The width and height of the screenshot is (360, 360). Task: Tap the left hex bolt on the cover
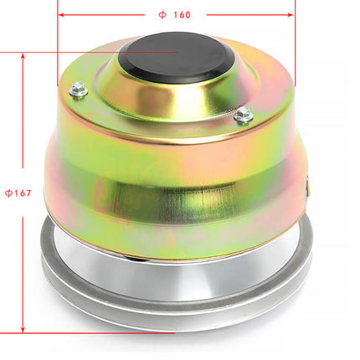click(78, 88)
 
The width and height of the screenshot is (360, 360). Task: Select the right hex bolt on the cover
click(243, 116)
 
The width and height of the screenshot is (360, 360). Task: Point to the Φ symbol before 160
click(162, 14)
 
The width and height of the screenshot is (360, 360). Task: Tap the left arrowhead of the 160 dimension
click(62, 14)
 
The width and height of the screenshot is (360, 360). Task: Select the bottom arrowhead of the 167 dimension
click(23, 328)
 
